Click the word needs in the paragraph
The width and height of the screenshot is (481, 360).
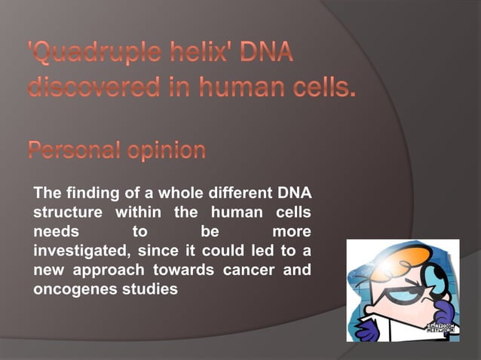click(52, 231)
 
